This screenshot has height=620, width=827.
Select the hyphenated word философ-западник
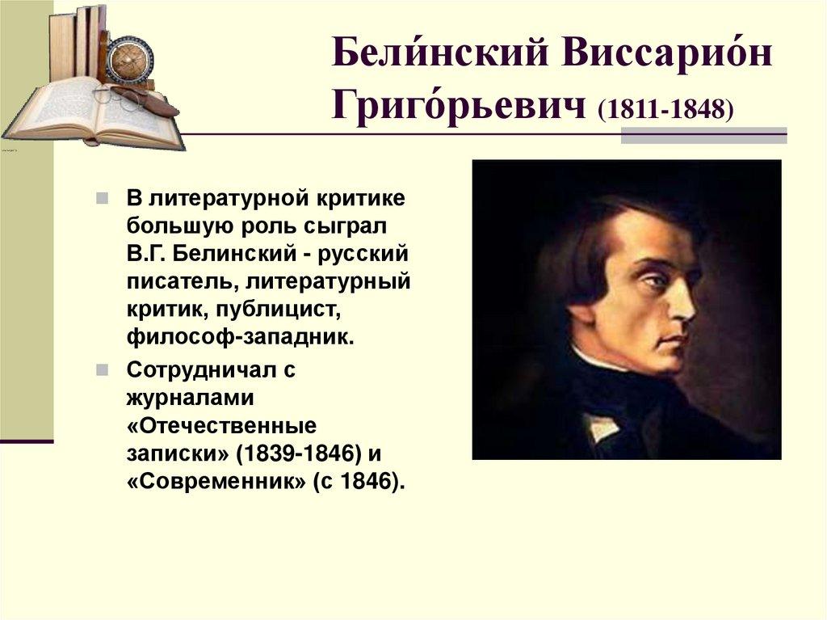(241, 336)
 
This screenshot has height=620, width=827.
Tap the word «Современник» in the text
(216, 481)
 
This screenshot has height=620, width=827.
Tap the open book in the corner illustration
(89, 113)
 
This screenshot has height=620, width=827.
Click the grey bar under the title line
(703, 135)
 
